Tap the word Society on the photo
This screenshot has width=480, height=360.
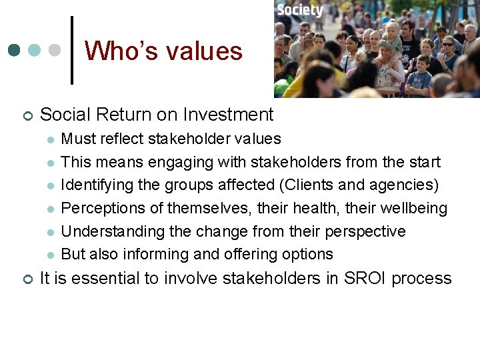pos(299,10)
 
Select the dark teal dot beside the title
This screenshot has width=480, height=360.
pos(15,51)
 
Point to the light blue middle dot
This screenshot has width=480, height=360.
pos(35,51)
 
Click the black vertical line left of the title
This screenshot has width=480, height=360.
pos(71,51)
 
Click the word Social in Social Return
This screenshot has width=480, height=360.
pos(62,115)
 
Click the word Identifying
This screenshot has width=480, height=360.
pos(93,185)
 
